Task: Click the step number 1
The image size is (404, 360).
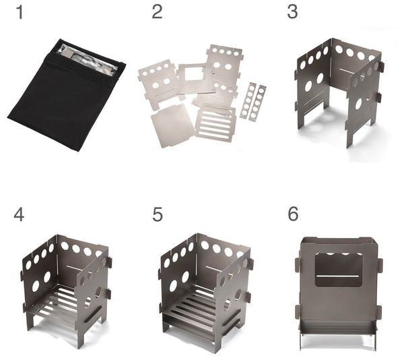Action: [20, 13]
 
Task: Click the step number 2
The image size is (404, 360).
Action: [157, 12]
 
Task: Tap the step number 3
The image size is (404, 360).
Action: [292, 12]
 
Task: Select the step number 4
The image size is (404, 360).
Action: [19, 214]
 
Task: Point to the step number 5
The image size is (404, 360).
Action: [158, 215]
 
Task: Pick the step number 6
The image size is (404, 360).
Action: [293, 214]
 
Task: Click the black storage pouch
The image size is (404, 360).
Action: [67, 95]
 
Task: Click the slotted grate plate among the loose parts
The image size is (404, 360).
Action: [215, 123]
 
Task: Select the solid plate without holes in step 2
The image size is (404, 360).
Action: [171, 125]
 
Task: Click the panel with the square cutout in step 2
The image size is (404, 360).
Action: [194, 78]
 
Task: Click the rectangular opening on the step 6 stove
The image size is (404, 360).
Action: [338, 270]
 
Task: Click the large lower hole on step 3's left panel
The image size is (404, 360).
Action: [308, 86]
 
